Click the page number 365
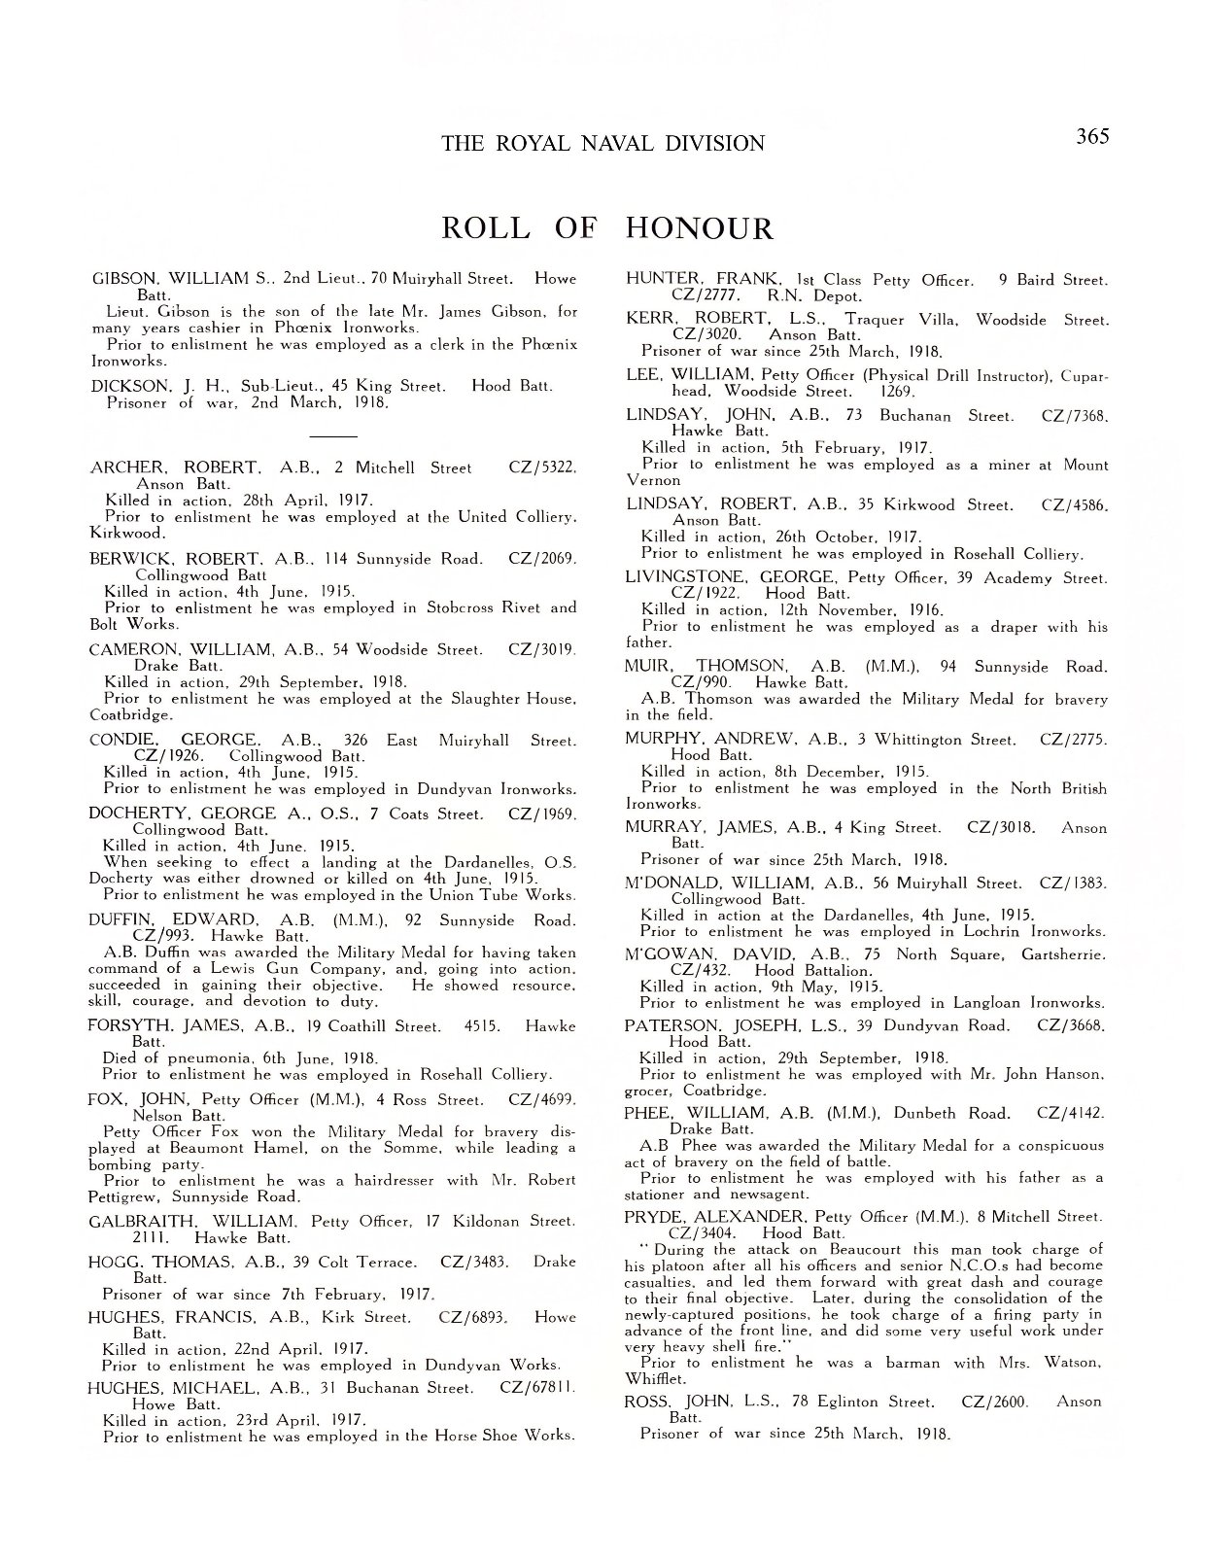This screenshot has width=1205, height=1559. click(1092, 136)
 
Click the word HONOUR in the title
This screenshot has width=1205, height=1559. click(700, 229)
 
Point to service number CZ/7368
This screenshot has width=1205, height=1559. click(1074, 415)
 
